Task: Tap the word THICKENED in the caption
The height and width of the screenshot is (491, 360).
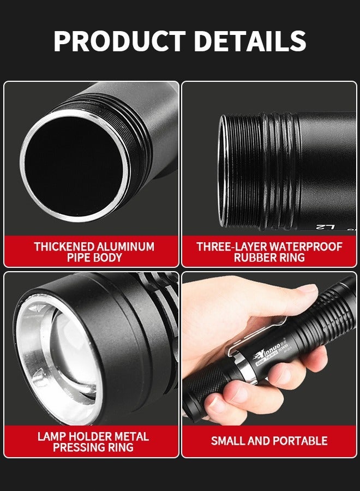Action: pos(64,247)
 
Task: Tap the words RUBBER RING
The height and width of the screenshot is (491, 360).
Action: pos(269,258)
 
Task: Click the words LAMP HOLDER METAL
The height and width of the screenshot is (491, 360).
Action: pos(93,436)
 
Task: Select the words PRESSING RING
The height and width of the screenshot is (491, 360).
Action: pos(93,447)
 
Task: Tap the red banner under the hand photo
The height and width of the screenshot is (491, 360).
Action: pos(269,441)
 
